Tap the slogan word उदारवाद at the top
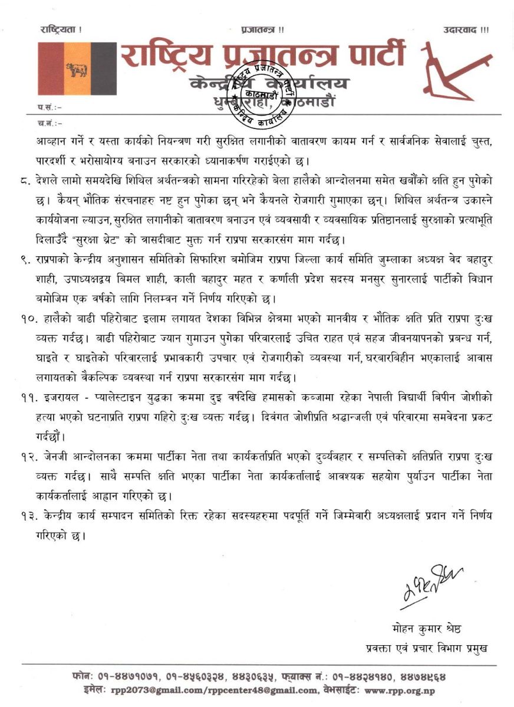click(x=465, y=29)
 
